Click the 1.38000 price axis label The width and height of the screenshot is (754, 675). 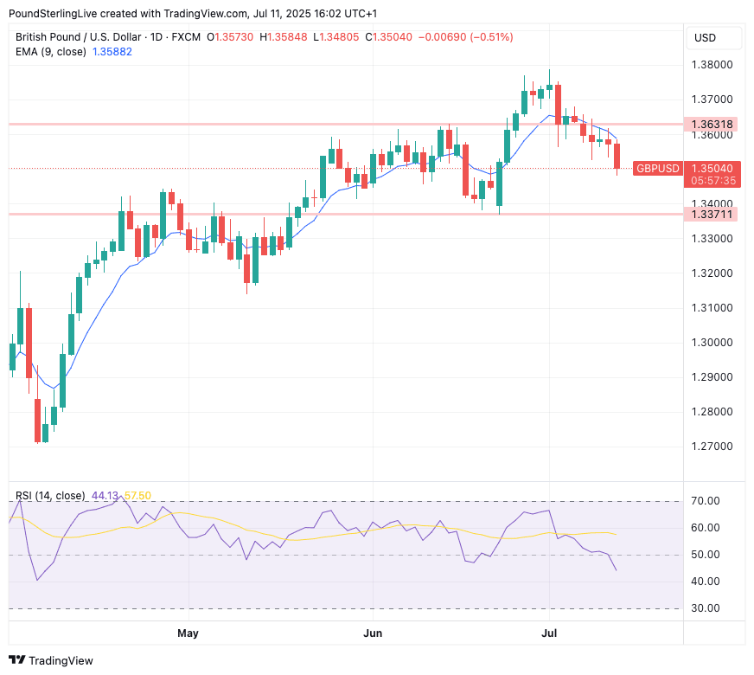712,65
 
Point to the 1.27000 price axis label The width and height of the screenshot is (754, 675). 712,447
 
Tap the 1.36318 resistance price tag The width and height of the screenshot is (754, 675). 712,125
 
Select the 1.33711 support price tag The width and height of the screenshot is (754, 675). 712,214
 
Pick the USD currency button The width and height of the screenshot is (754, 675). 706,37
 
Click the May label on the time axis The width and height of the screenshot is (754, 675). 188,633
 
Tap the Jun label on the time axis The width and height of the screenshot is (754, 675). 373,633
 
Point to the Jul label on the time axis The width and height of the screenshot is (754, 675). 549,633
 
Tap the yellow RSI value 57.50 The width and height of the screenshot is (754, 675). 137,496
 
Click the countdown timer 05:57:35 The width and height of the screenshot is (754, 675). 713,181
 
